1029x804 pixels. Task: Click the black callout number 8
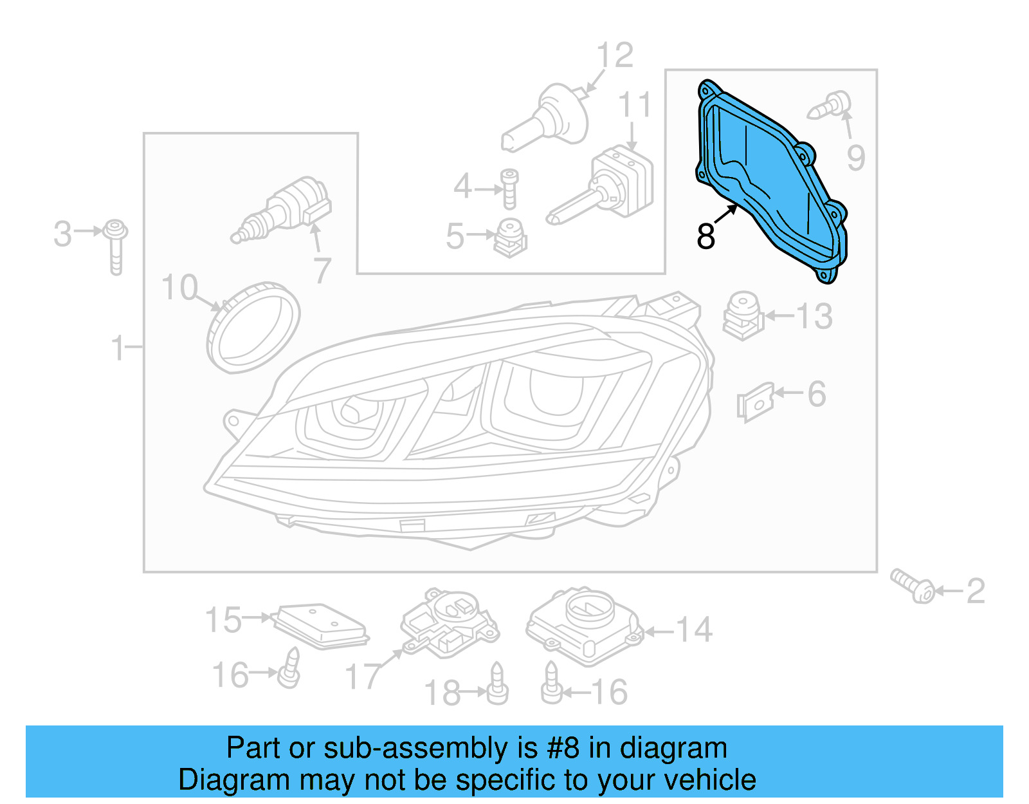click(706, 236)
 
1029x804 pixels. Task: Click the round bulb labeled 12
click(547, 119)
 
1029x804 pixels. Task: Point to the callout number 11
click(634, 105)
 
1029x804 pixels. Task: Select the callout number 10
click(179, 287)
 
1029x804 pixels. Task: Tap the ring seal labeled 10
click(253, 327)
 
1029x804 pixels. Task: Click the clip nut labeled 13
click(743, 315)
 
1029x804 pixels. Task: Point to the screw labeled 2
click(913, 585)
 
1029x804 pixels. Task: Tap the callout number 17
click(363, 676)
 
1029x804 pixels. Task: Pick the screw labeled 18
click(497, 684)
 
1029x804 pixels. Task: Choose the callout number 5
click(455, 236)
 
